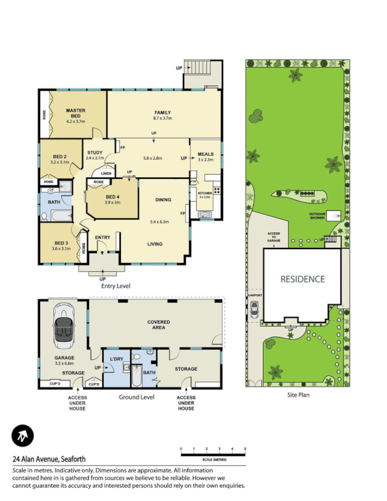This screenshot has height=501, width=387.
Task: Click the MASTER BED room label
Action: coord(76,113)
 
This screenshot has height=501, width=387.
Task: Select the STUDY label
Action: coord(95,152)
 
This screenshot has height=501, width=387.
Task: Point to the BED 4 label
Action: coord(112,197)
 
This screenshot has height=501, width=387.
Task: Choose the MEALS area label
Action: coord(205,154)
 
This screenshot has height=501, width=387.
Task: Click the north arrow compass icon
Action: coord(23,436)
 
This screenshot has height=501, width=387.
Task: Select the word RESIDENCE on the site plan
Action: coord(302,279)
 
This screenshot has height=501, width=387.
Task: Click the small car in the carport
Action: coord(254,309)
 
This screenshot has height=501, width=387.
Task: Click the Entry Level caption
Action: coord(115,286)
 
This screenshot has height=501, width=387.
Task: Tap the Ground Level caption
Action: coord(137,396)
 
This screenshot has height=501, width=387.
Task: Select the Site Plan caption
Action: coord(298,395)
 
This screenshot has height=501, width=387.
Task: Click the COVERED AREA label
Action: coord(158,324)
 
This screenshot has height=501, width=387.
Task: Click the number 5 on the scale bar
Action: coord(245,449)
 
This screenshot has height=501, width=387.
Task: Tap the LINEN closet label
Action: coord(106,173)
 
